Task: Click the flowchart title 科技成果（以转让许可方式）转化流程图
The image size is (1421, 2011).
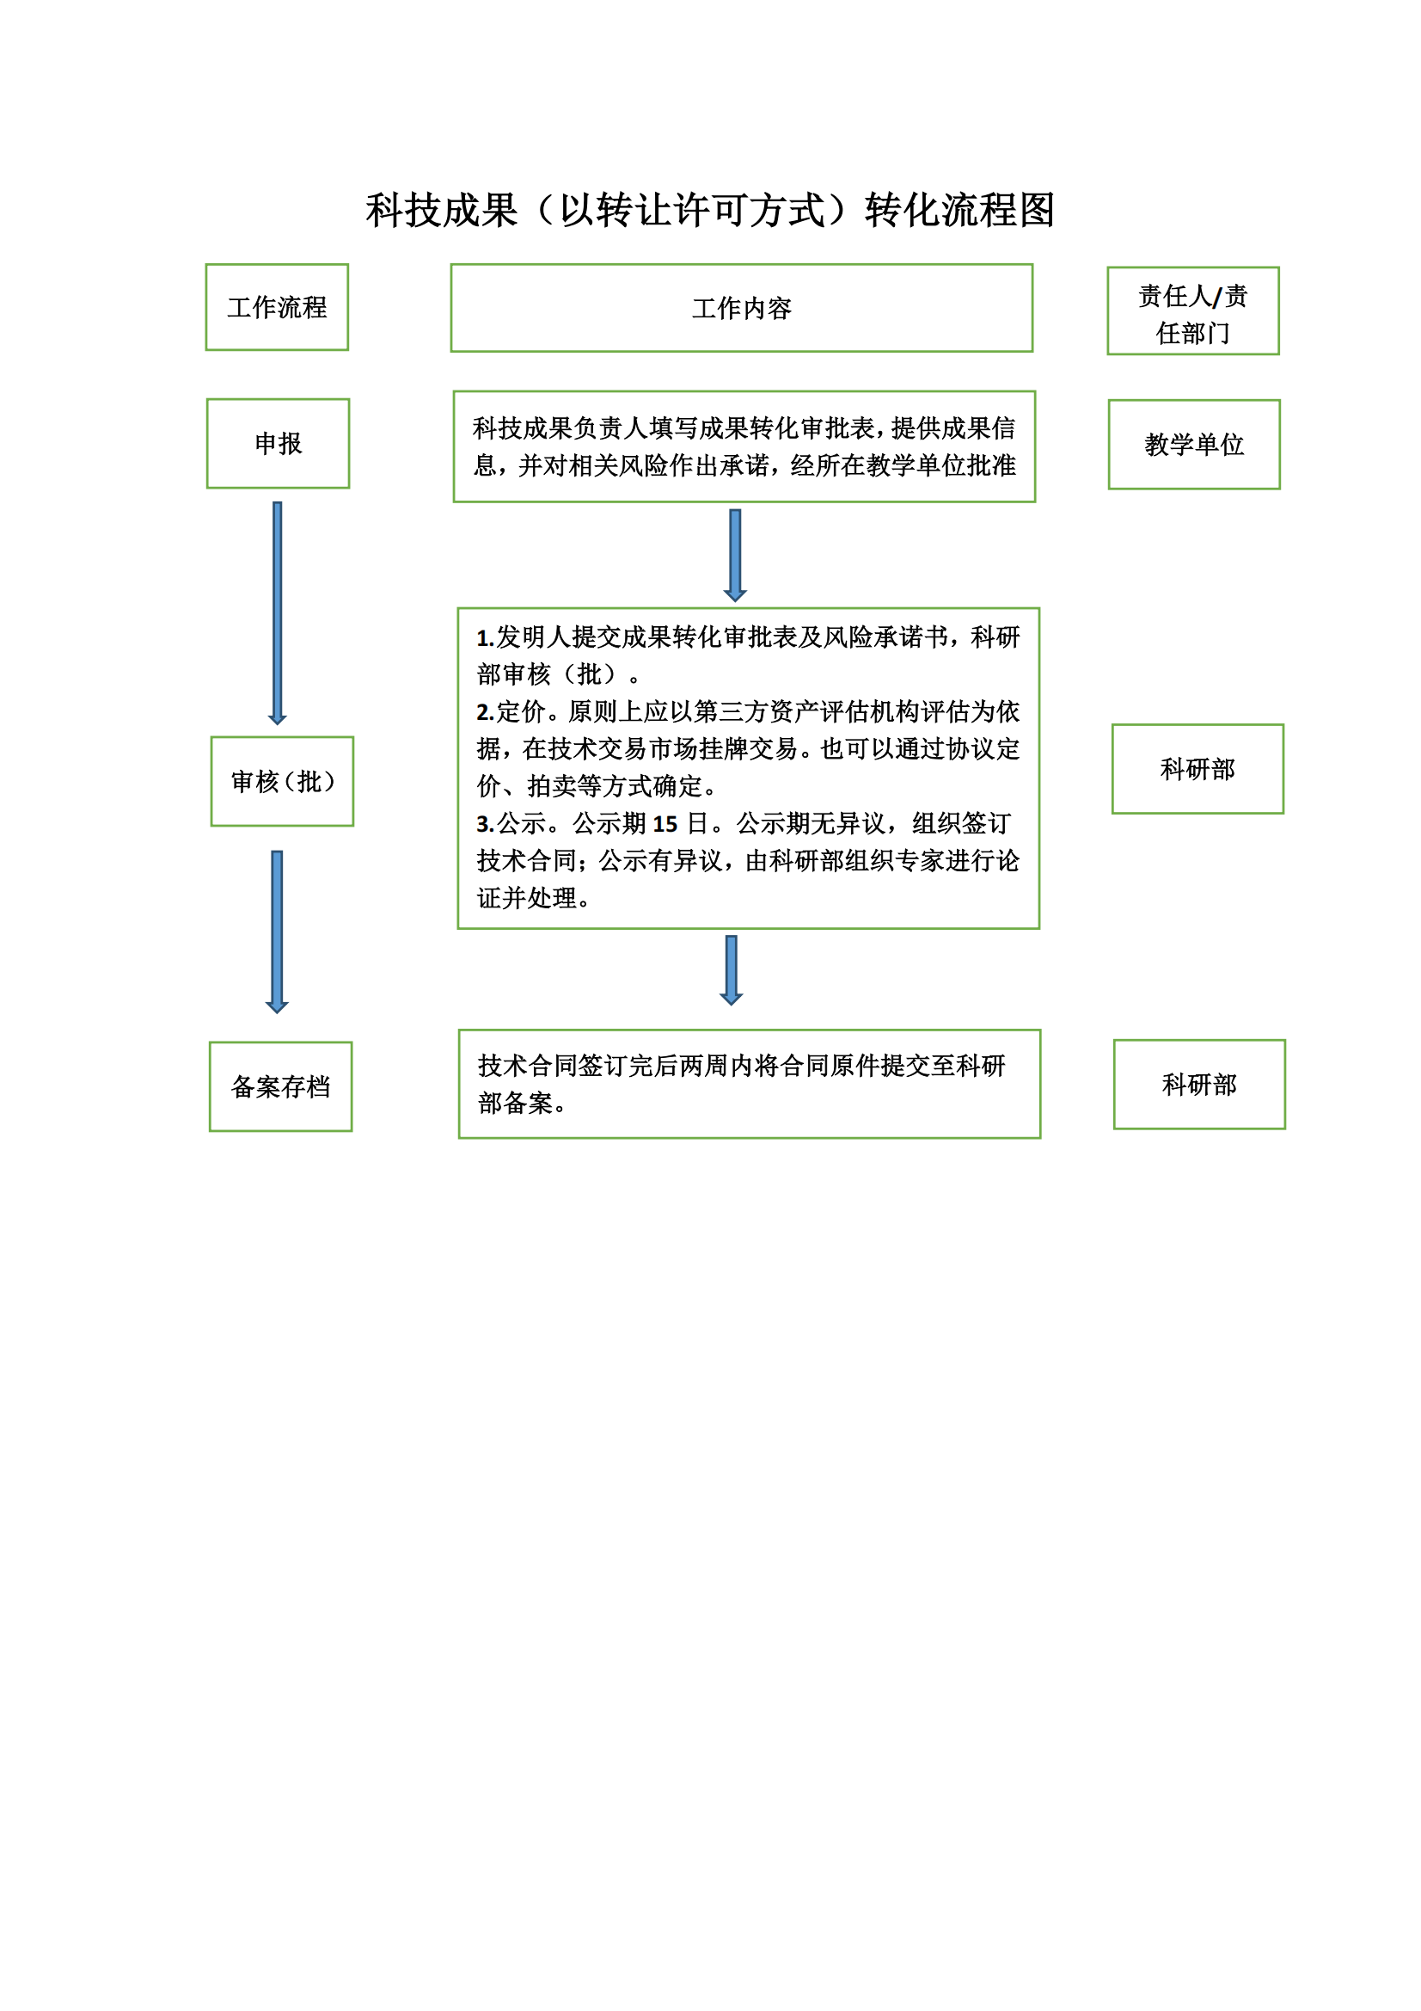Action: pos(710,210)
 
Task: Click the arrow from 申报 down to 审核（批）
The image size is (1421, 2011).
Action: pos(278,613)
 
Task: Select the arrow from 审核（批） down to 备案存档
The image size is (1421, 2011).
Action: pos(277,932)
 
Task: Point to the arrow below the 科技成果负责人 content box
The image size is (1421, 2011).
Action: pos(736,556)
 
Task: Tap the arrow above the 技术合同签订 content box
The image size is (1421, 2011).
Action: pos(731,970)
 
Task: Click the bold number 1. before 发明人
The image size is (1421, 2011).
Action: pos(486,638)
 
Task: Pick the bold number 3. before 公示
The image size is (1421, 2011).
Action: pos(486,824)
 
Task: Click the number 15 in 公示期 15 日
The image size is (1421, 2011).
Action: pos(665,824)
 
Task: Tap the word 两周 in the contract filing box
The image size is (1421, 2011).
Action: pos(679,1066)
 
